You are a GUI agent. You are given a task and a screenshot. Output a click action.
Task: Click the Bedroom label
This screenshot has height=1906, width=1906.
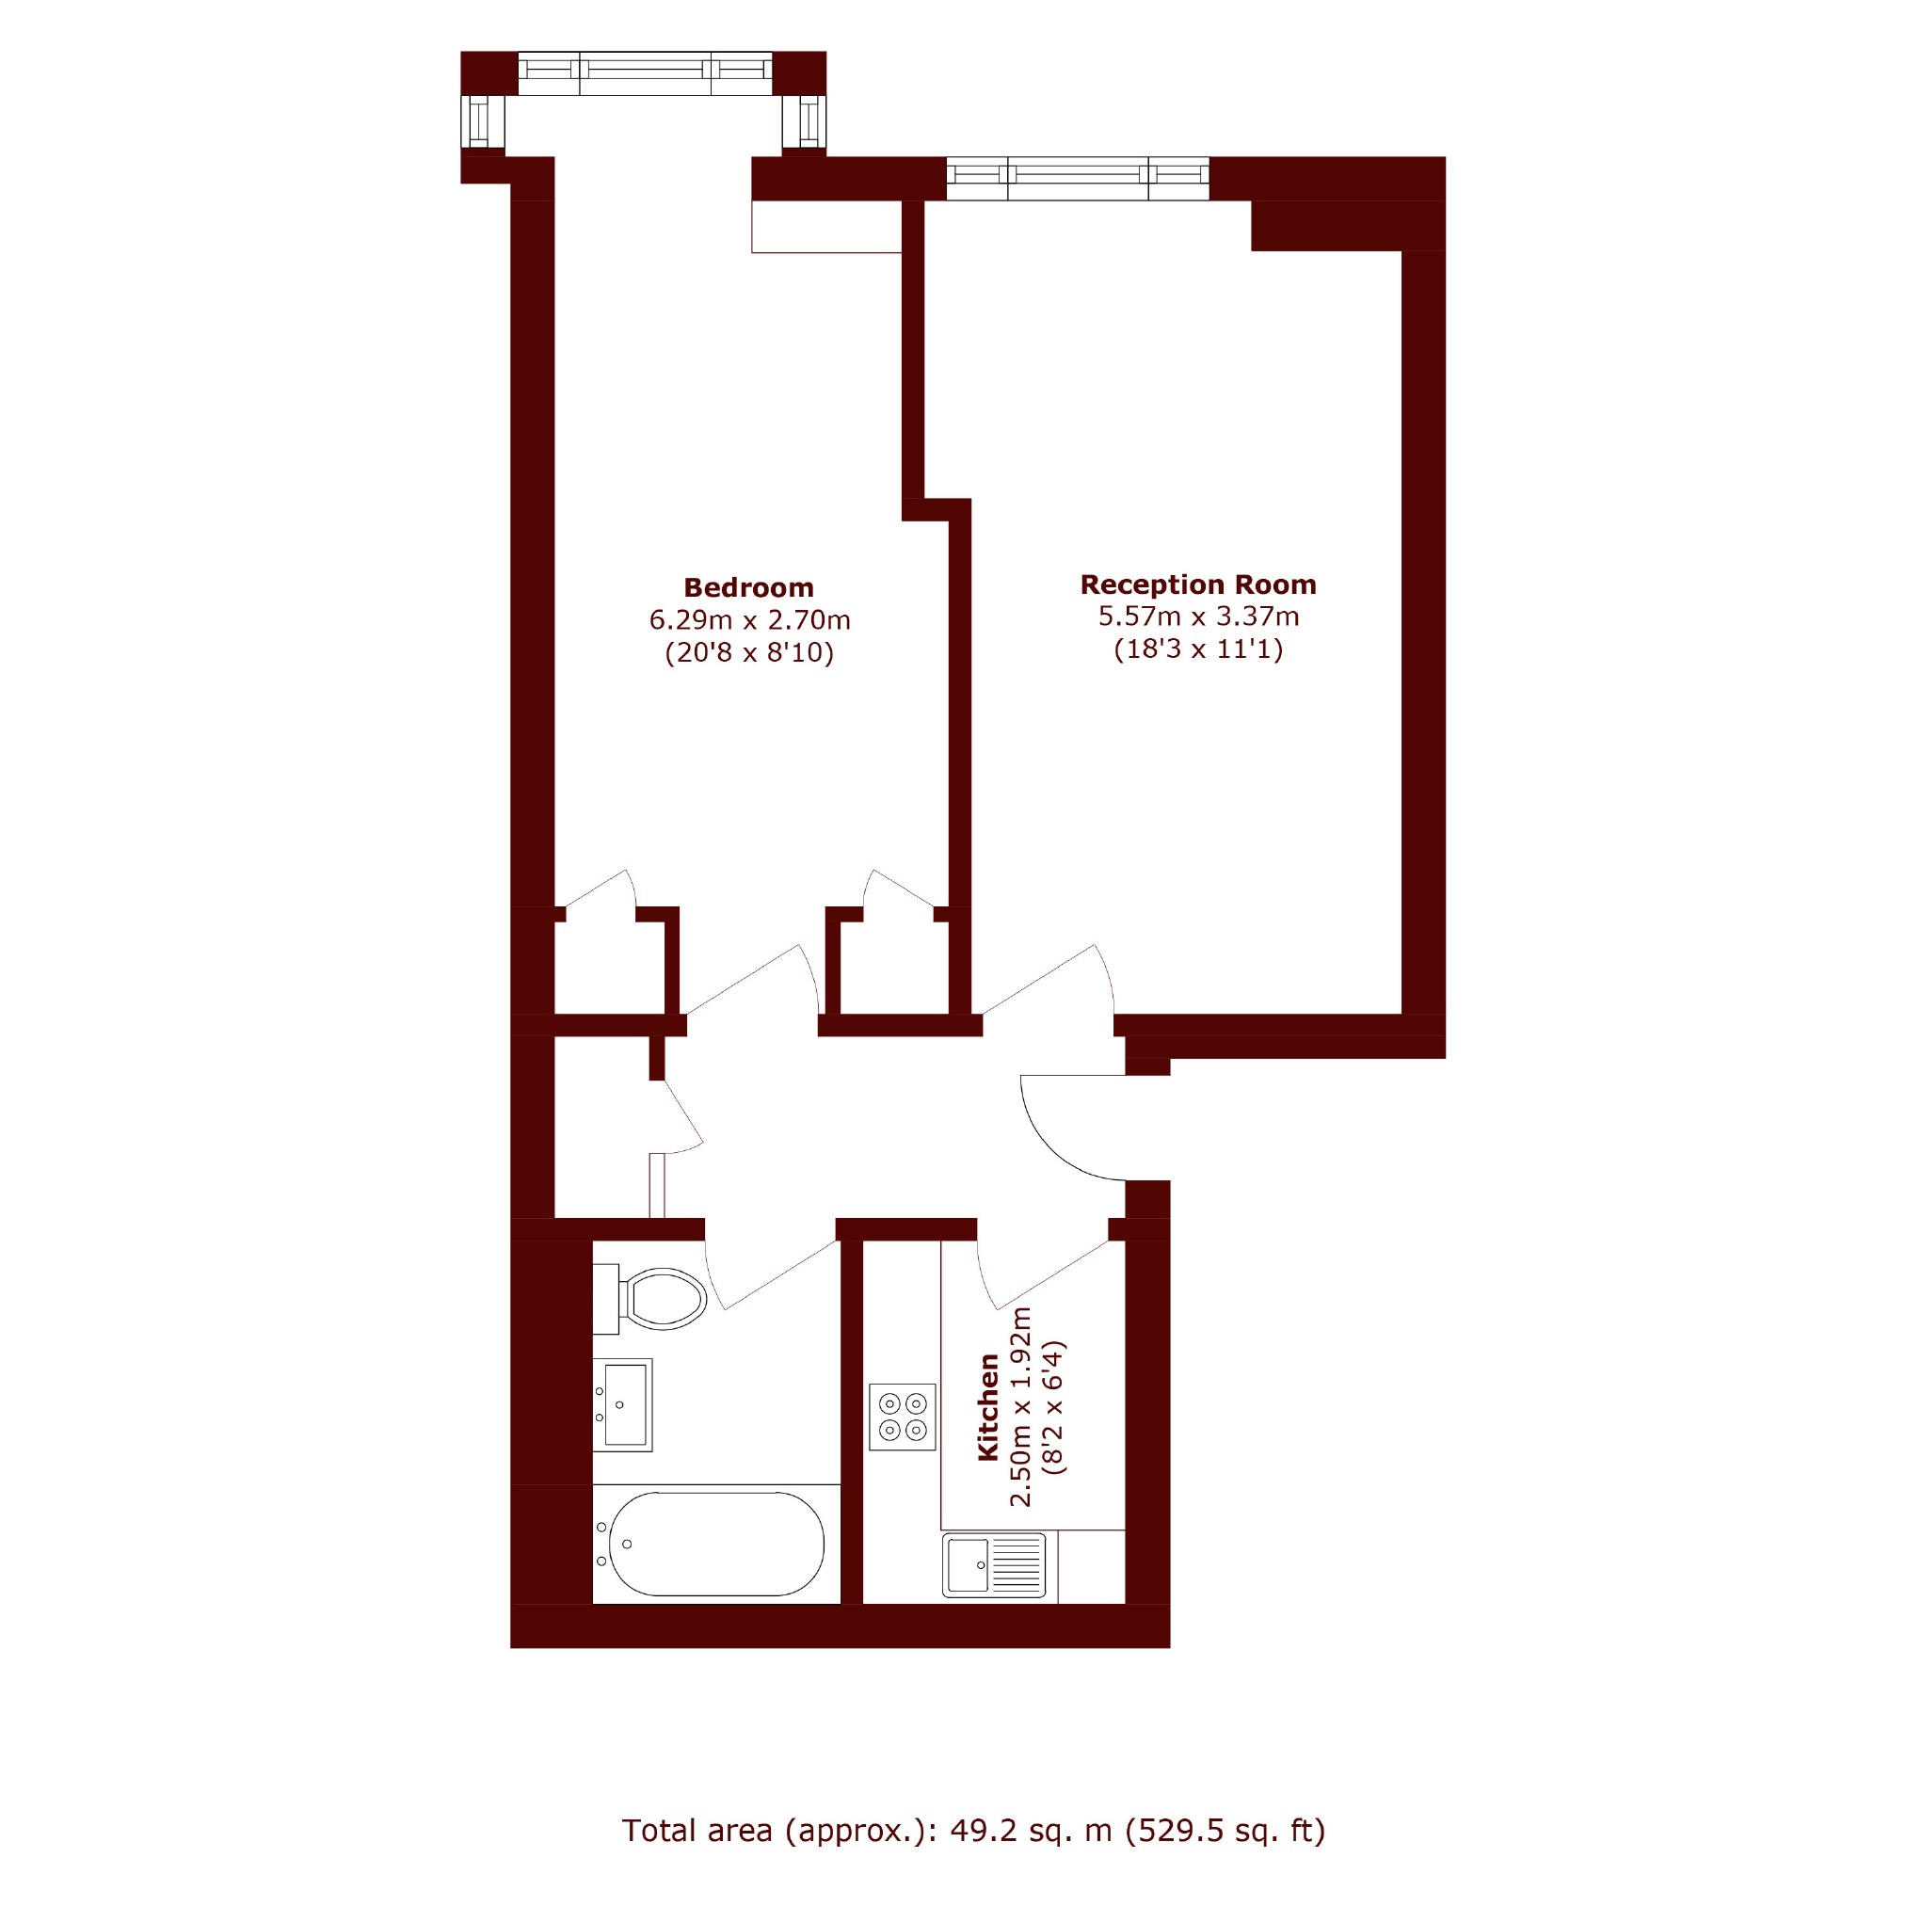pos(749,588)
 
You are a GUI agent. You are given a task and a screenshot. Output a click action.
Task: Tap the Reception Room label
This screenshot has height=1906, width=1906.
pos(1197,585)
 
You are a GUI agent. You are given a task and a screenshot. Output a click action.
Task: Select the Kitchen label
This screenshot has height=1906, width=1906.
pos(987,1407)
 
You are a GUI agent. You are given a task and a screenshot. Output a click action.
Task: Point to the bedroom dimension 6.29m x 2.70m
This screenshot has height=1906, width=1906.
pos(750,619)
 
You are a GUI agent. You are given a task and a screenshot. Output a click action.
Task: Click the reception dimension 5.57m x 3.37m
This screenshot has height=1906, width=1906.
pos(1198,617)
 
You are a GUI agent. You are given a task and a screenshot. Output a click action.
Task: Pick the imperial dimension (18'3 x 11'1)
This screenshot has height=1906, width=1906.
pos(1198,649)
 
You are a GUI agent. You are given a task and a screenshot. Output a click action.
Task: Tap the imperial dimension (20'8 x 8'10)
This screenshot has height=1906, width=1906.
pos(750,652)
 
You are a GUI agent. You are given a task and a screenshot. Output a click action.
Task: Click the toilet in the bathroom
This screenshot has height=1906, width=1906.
pos(650,1298)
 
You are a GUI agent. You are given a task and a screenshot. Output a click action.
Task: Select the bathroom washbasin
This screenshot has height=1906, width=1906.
pos(622,1405)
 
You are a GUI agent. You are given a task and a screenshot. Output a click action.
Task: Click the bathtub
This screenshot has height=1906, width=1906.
pos(716,1544)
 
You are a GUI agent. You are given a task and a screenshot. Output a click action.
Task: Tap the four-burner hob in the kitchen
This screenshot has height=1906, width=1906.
pos(903,1417)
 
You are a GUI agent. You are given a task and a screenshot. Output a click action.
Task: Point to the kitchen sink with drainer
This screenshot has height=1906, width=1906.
pos(993,1565)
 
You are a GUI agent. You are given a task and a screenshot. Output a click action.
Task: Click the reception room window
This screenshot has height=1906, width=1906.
pos(1079,178)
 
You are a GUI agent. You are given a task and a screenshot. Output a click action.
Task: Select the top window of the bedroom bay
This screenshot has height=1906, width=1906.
pos(645,73)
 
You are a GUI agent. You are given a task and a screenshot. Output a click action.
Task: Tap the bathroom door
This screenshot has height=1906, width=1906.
pos(772,1273)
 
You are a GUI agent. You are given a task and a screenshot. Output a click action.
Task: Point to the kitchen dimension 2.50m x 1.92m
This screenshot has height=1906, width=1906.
pos(1020,1407)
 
